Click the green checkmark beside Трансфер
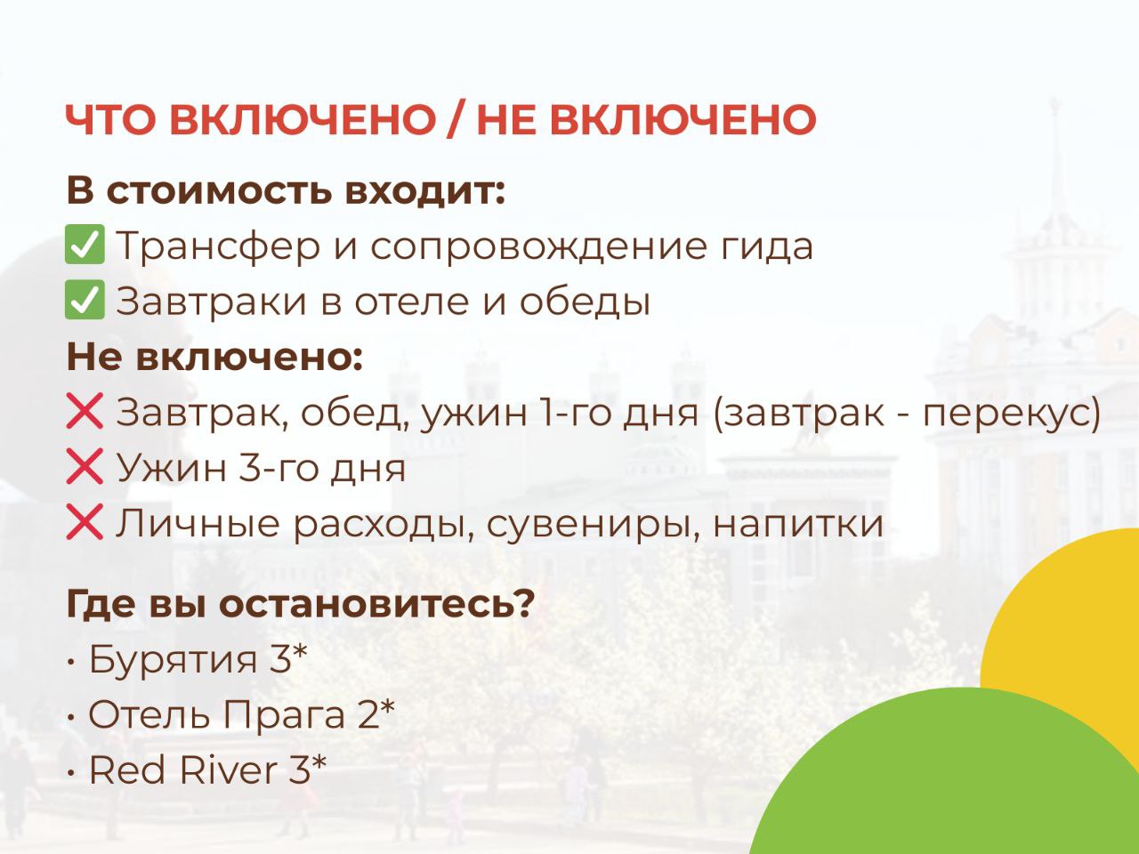85,246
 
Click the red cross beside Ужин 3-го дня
85,468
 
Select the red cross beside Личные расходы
85,523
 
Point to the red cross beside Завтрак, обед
85,413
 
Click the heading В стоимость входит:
286,191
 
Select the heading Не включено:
214,358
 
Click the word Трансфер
217,246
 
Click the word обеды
585,302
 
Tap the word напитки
798,523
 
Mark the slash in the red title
456,121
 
